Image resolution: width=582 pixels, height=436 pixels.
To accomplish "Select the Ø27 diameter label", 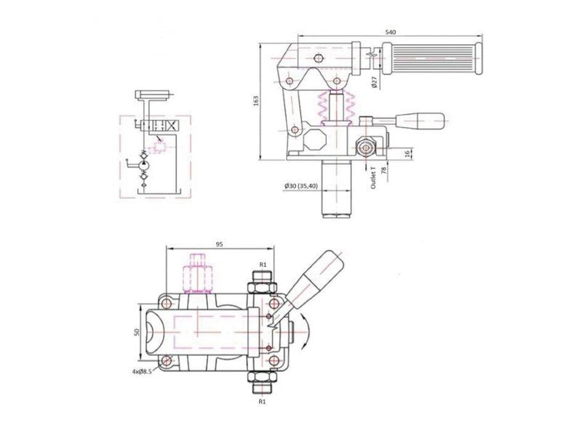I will click(372, 81).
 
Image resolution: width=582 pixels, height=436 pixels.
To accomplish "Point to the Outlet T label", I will click(373, 177).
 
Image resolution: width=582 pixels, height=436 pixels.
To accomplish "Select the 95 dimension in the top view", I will click(218, 244).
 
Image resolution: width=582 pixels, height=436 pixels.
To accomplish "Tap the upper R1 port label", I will click(263, 265).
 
